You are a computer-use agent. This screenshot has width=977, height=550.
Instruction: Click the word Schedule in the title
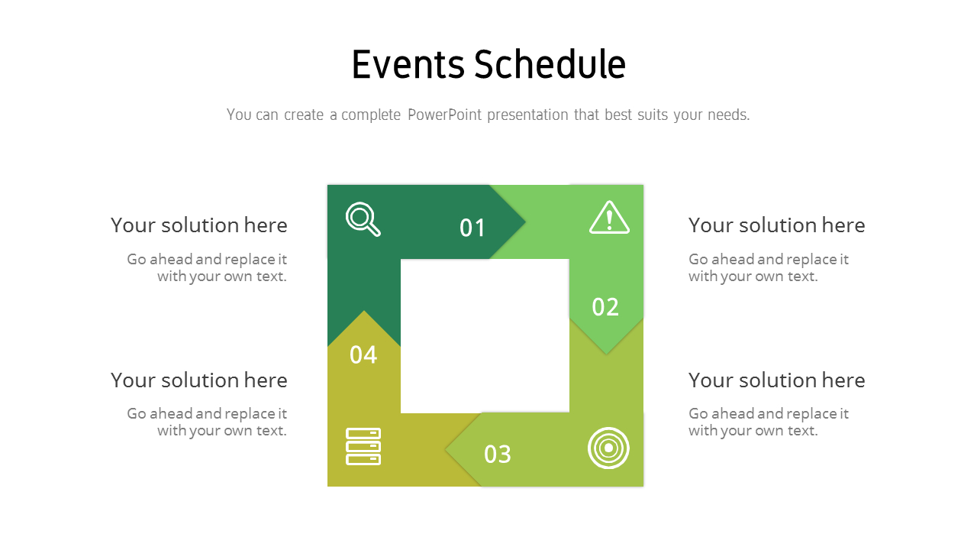tap(550, 64)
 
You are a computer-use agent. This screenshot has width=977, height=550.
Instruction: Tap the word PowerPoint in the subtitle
tap(444, 115)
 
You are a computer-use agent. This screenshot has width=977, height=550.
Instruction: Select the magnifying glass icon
tap(363, 219)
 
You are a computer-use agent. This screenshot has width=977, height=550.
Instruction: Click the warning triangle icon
tap(609, 218)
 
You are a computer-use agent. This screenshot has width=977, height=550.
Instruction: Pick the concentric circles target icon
tap(608, 448)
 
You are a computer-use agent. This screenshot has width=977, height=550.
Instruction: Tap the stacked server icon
tap(363, 446)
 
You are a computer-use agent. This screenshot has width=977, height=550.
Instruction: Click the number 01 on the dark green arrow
tap(472, 228)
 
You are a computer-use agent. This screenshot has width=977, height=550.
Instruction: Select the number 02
tap(605, 307)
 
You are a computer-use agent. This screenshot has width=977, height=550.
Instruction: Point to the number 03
tap(498, 455)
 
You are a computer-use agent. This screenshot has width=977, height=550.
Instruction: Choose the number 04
tap(363, 354)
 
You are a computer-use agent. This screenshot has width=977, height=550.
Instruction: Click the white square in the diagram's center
tap(485, 336)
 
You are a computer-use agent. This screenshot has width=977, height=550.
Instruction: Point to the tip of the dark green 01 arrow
tap(524, 222)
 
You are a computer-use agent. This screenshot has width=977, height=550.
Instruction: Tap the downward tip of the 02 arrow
tap(606, 352)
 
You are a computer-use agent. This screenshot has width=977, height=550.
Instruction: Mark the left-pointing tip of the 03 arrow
tap(448, 449)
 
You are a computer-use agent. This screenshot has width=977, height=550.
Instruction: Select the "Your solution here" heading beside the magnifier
tap(198, 225)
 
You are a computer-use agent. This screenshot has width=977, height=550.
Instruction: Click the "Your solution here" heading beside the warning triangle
tap(776, 225)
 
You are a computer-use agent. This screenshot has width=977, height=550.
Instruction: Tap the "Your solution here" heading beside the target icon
tap(776, 380)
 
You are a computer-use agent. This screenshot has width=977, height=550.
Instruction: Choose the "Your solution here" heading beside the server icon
tap(198, 380)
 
